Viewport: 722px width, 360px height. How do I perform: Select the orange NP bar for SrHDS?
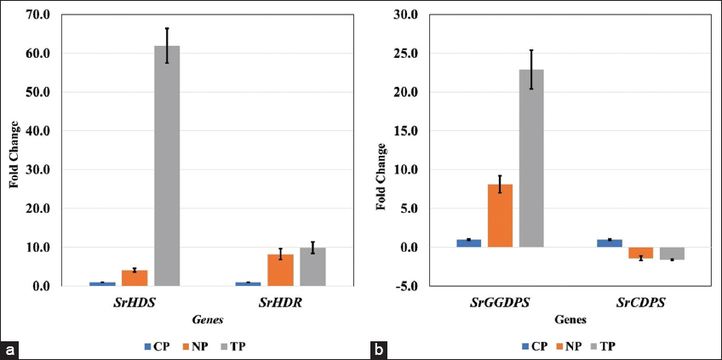click(135, 278)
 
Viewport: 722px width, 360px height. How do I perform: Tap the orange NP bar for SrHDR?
click(280, 271)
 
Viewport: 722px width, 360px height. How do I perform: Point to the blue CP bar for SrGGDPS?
click(468, 243)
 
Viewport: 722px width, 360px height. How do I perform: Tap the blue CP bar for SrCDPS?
click(610, 243)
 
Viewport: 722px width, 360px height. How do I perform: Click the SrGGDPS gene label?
click(500, 303)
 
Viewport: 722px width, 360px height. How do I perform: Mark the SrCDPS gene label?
click(640, 303)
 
